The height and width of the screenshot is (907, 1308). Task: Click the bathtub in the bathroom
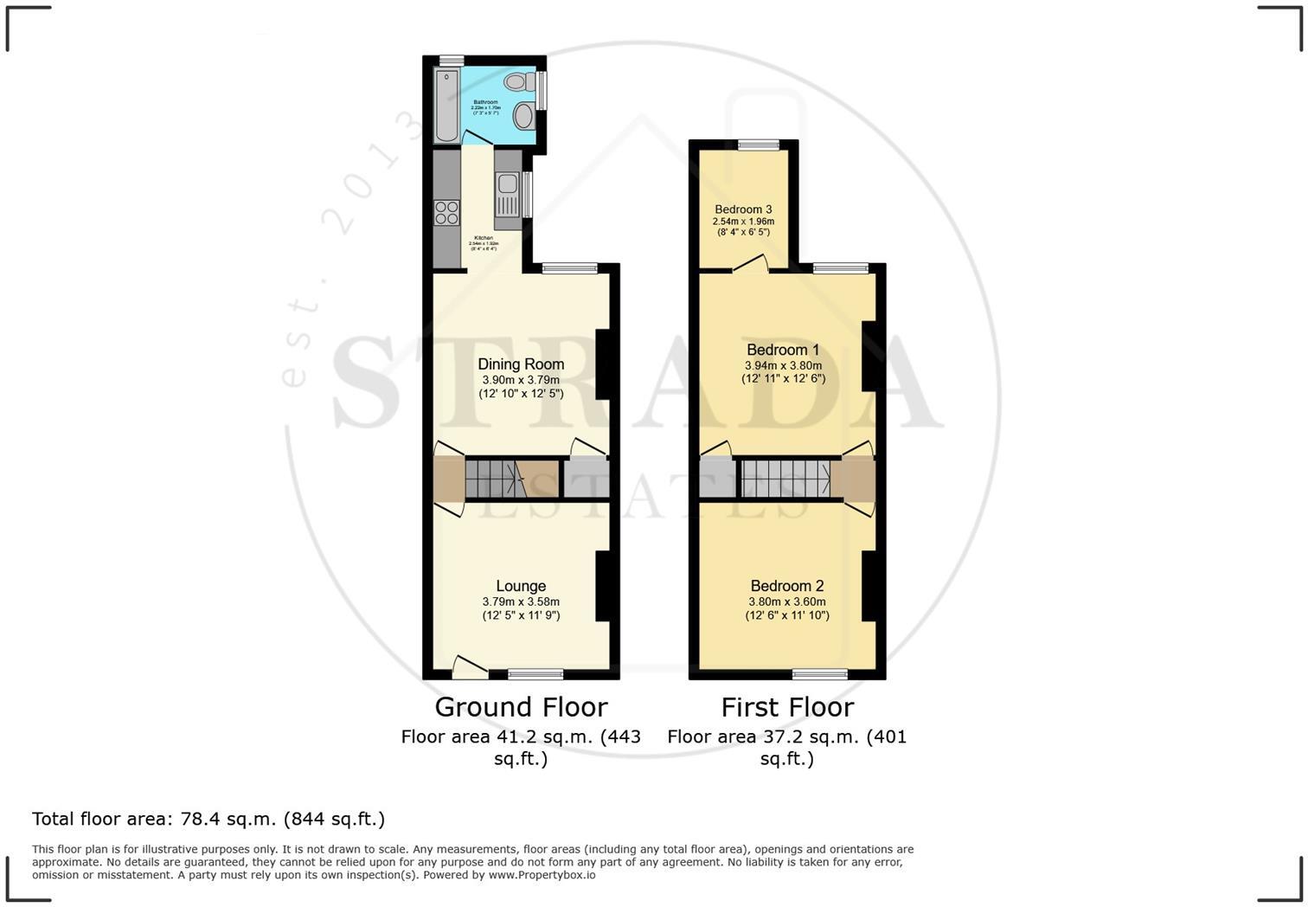point(446,106)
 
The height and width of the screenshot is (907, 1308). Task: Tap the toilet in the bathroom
point(519,82)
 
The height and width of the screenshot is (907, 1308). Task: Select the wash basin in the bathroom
point(523,115)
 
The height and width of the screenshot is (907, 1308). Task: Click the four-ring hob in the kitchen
point(446,212)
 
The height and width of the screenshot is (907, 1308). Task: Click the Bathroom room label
point(485,102)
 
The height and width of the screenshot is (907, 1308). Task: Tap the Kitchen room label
point(483,238)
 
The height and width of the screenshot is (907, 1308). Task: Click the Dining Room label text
point(521,364)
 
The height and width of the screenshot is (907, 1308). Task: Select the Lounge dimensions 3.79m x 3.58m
point(521,601)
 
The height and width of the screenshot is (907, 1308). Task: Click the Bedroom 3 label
point(743,209)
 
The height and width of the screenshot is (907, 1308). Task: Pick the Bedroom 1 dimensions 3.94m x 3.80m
point(783,365)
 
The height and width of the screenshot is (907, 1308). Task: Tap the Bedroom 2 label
point(786,586)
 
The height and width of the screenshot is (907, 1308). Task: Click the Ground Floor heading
point(521,707)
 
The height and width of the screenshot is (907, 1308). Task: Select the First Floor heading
point(787,707)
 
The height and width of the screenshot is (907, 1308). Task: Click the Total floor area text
point(208,819)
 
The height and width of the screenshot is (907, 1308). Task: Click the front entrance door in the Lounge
point(469,666)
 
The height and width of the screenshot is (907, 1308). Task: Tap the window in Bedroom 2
point(820,674)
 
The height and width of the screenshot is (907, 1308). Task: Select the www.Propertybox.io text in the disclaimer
point(542,875)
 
